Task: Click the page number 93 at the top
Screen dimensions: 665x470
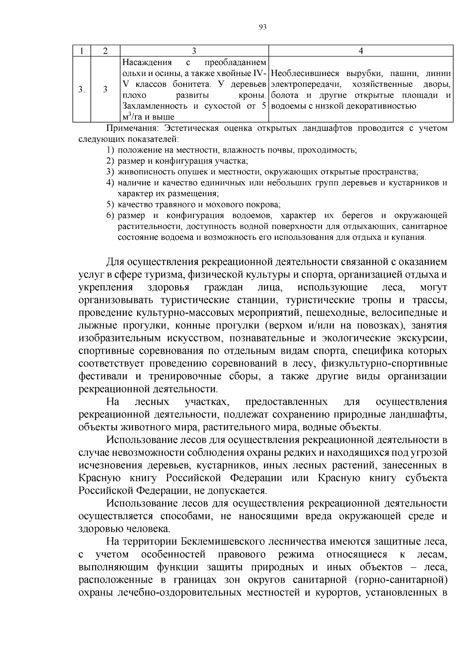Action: pos(263,27)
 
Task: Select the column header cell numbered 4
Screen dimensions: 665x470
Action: pos(361,51)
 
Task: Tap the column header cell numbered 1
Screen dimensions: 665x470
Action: pos(81,51)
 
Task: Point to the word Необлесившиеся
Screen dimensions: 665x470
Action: pos(305,73)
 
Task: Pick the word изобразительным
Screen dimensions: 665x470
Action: pos(119,338)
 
